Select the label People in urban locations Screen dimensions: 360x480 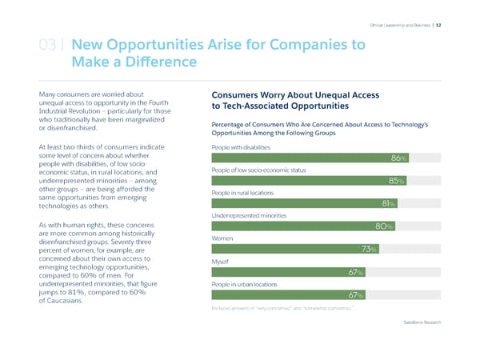243,284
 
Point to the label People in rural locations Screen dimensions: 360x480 242,194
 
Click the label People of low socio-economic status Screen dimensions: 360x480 258,170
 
